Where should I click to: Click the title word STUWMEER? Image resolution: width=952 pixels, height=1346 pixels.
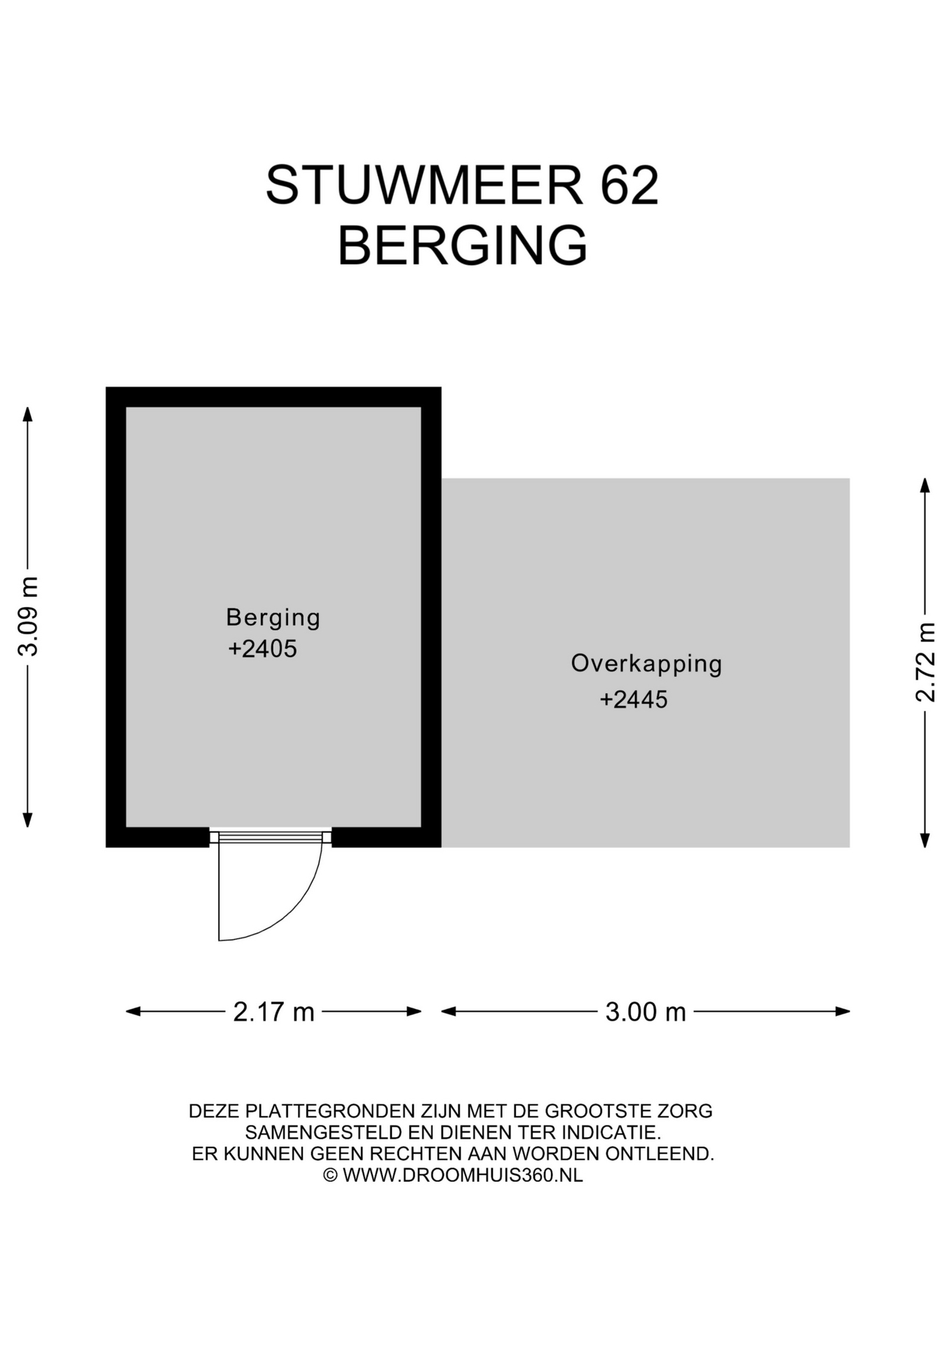[x=424, y=185]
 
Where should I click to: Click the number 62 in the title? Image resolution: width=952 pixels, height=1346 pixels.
[x=630, y=185]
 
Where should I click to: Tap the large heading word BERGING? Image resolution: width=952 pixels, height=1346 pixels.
[x=462, y=245]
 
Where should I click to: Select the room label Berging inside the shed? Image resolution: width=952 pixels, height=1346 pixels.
[x=273, y=618]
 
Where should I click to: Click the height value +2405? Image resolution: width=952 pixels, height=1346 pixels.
[x=262, y=649]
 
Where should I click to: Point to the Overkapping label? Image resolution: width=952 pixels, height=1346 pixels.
[x=646, y=664]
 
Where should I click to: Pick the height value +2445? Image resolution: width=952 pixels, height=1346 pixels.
[x=634, y=700]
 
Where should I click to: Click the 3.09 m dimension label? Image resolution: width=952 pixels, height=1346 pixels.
[x=28, y=617]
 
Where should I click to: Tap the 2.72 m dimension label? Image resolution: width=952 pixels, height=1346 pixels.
[x=925, y=662]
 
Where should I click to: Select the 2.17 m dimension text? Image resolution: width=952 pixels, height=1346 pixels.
[x=273, y=1012]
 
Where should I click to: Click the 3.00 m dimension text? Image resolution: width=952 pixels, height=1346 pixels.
[x=646, y=1012]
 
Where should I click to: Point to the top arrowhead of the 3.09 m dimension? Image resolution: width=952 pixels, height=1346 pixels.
[x=28, y=414]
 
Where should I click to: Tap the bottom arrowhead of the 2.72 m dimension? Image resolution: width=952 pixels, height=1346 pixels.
[x=925, y=840]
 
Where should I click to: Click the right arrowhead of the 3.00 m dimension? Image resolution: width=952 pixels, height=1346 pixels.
[x=843, y=1011]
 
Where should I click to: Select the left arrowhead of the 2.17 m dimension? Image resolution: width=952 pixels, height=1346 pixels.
[x=133, y=1011]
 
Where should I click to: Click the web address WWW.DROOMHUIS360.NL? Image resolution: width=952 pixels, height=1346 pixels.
[x=463, y=1176]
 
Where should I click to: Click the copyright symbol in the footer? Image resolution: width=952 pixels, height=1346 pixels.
[x=331, y=1176]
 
